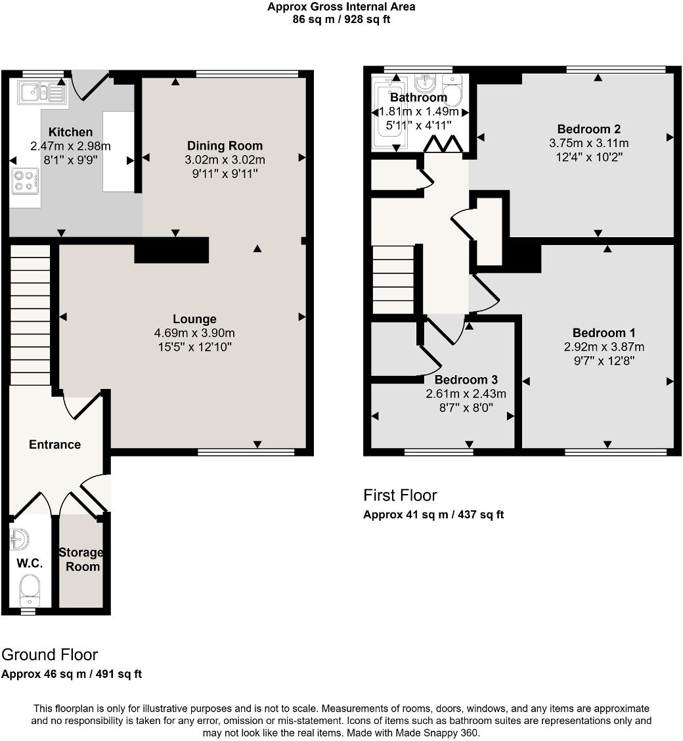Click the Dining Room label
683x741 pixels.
(225, 146)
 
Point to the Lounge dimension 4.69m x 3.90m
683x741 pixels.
(194, 333)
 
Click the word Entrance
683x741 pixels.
(55, 445)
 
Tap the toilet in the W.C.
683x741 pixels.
(30, 590)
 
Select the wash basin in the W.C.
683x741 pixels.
(19, 539)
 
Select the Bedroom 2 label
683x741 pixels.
(588, 129)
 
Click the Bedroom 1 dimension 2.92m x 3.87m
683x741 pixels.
(604, 347)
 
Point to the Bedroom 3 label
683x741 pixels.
(466, 380)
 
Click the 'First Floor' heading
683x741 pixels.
(400, 495)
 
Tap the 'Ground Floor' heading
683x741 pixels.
(49, 654)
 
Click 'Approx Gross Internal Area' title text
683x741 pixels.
(341, 7)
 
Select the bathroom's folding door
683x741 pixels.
(442, 144)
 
